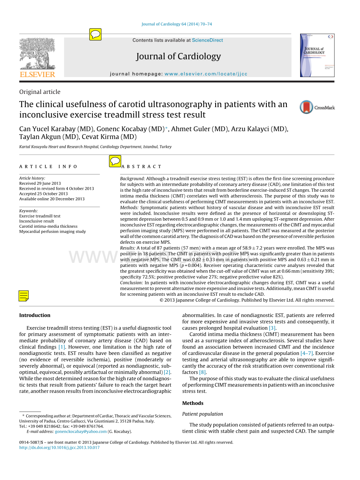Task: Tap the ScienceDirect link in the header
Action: pos(207,40)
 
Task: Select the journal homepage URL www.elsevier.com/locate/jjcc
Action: pos(206,74)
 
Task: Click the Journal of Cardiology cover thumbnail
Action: pos(317,55)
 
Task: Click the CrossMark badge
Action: pos(317,108)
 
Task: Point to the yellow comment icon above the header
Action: pos(95,34)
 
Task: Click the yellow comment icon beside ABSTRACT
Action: pos(115,161)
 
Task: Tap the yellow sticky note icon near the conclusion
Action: pos(24,296)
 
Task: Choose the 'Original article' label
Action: pos(40,92)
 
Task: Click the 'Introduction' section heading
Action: pos(35,315)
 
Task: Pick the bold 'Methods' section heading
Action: pos(193,403)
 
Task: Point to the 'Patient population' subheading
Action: pos(203,414)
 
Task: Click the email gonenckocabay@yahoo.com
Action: pos(81,431)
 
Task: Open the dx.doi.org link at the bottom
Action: pos(59,448)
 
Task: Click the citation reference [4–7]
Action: pos(306,353)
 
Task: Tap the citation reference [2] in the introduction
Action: pos(167,372)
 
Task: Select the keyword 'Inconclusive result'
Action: pos(37,221)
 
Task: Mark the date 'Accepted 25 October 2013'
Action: pos(43,194)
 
